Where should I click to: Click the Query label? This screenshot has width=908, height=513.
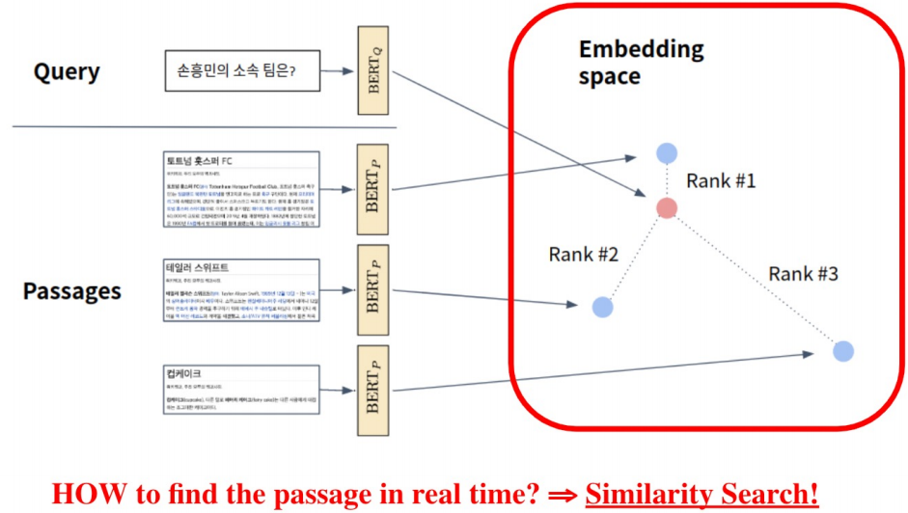coord(67,72)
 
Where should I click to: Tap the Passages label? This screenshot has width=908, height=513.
coord(71,290)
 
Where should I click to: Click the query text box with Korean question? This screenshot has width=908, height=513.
coord(242,71)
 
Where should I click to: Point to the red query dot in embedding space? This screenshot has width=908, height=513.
coord(667,207)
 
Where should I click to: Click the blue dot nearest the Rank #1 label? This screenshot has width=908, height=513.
coord(667,152)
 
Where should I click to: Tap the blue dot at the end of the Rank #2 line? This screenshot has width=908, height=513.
coord(603,307)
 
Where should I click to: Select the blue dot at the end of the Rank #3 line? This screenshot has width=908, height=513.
coord(843,351)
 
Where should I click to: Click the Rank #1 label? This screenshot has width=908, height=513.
coord(722,180)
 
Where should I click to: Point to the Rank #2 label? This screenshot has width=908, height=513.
coord(584,255)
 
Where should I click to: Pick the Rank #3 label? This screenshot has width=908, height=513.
coord(803,274)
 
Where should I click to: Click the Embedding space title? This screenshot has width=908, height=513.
coord(641,63)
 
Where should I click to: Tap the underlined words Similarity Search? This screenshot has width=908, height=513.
coord(702,493)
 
